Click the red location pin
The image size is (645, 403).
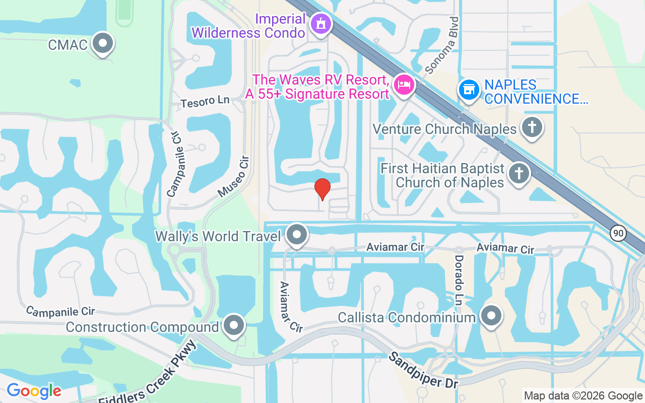322,189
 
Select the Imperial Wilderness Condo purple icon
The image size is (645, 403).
319,23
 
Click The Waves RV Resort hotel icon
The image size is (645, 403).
404,84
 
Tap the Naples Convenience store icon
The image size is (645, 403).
469,90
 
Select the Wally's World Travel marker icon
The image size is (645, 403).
297,234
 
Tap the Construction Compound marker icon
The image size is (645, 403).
233,325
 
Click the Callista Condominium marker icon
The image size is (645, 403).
490,316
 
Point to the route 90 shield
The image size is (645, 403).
617,233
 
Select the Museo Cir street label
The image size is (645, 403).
233,177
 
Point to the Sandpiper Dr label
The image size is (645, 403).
423,370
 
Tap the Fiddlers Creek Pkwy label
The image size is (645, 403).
147,373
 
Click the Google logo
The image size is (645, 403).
34,390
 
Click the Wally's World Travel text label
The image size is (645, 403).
218,236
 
